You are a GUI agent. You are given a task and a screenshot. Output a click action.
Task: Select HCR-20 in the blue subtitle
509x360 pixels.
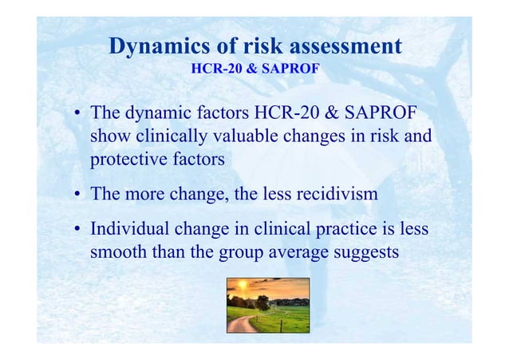point(218,69)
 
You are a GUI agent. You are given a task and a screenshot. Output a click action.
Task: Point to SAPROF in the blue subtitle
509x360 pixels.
point(291,69)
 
